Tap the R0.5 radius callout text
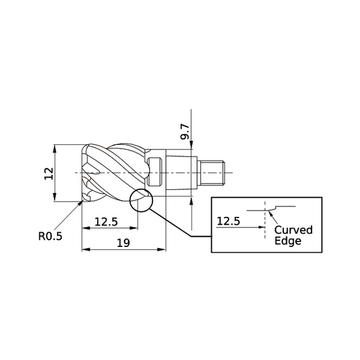50,234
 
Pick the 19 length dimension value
123,243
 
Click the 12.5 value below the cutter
106,221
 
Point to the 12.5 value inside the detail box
229,221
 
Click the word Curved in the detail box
293,230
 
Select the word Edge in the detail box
287,241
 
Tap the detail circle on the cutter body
141,200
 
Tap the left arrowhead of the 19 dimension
85,249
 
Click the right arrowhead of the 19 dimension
163,249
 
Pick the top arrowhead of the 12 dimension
55,148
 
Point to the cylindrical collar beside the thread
199,173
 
